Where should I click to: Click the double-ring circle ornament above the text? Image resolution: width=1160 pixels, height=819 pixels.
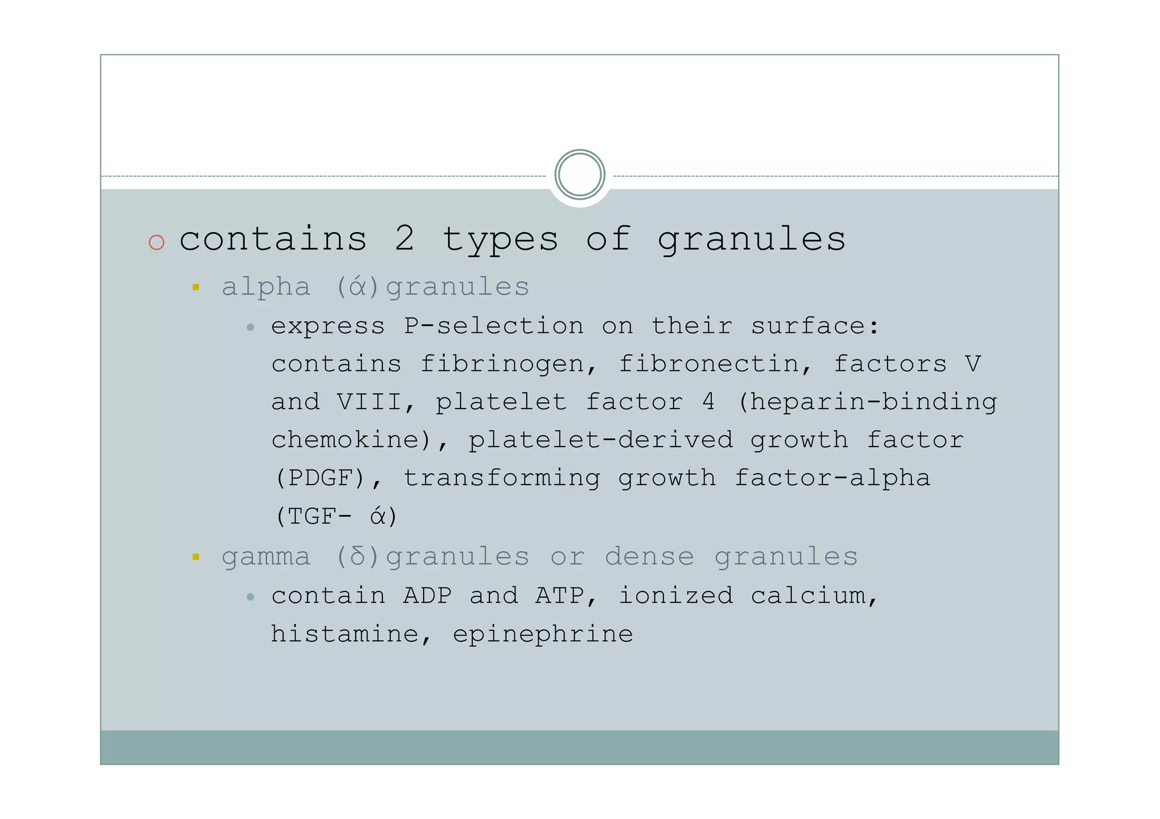[x=579, y=174]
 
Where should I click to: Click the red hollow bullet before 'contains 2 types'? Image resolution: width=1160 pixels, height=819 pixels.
[x=156, y=242]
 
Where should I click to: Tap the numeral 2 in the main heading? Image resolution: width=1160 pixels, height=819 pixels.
[x=404, y=239]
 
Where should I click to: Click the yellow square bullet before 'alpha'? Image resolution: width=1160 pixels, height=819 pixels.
[x=196, y=288]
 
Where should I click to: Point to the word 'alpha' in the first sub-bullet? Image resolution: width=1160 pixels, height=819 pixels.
[x=266, y=288]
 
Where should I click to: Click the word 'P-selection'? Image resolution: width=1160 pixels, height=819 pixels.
[x=493, y=326]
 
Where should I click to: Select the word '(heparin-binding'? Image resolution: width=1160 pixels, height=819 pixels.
[x=867, y=402]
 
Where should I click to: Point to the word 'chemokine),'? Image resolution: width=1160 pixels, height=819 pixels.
[x=360, y=440]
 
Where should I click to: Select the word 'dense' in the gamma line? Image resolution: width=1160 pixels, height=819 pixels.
[x=649, y=557]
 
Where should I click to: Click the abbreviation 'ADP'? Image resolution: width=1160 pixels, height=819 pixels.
[x=428, y=596]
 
